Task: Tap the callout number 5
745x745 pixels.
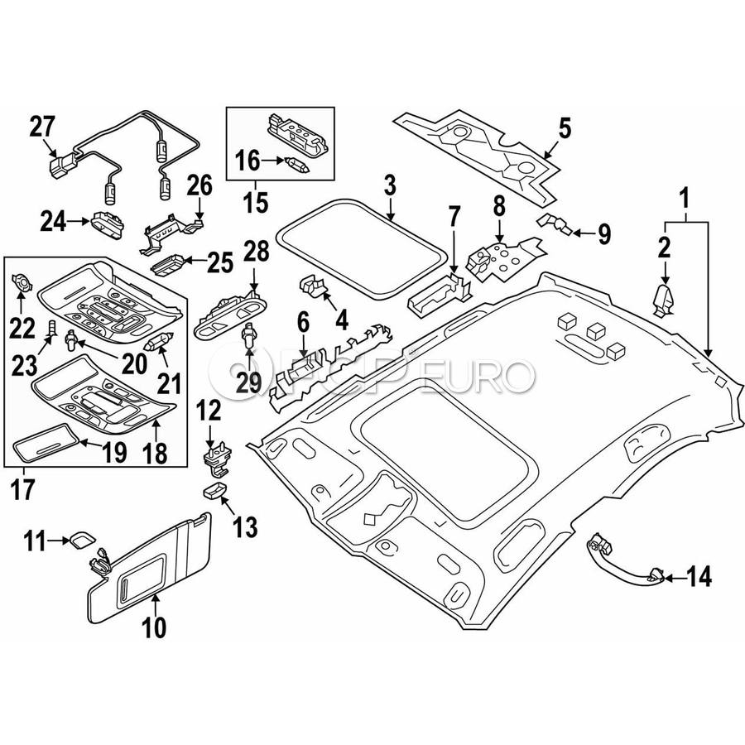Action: point(564,128)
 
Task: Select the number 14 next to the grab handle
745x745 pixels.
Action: point(699,576)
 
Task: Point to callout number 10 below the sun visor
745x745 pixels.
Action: point(154,627)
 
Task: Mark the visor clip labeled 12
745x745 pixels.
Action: point(216,457)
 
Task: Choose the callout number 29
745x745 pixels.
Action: point(249,382)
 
